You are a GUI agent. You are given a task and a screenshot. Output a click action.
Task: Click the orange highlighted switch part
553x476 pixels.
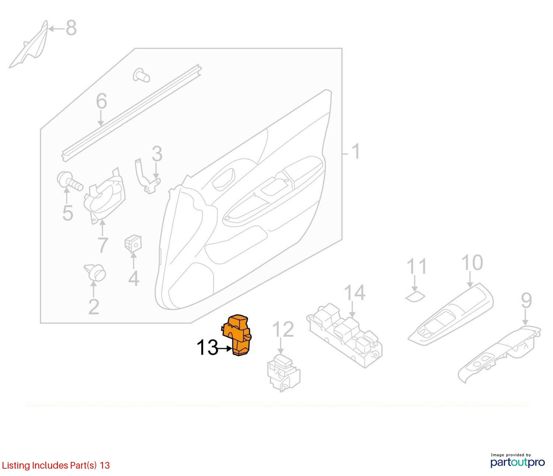[x=236, y=336]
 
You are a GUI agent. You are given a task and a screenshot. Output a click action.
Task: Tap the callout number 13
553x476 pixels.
[x=207, y=348]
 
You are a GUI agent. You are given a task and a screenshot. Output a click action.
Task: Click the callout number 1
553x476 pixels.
[x=356, y=151]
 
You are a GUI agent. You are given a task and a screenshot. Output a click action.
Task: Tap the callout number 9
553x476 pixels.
[x=526, y=300]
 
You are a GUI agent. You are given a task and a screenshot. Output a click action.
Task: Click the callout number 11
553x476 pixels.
[x=416, y=266]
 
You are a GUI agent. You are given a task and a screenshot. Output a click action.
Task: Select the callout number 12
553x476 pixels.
[x=283, y=329]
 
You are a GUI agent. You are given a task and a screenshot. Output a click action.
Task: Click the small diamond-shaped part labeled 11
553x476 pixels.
[x=415, y=297]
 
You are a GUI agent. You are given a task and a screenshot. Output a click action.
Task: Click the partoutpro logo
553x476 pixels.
[x=518, y=462]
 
